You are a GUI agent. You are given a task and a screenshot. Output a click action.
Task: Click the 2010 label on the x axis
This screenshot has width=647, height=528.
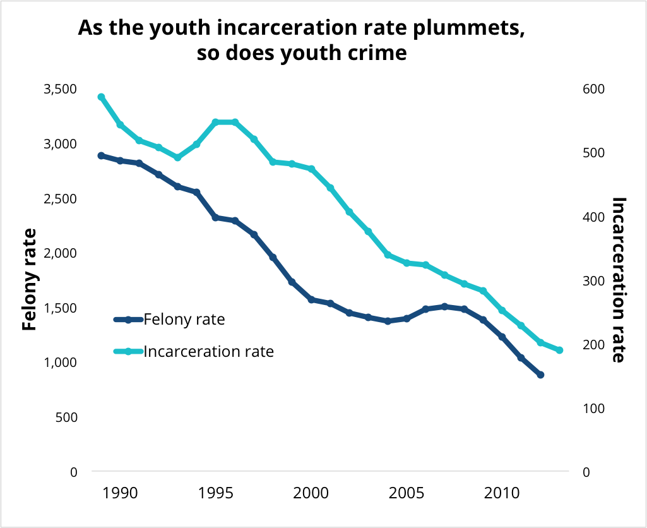502,492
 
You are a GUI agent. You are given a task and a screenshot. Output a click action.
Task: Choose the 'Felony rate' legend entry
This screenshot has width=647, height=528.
184,320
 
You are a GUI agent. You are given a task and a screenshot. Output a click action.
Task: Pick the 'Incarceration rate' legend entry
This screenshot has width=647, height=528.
208,351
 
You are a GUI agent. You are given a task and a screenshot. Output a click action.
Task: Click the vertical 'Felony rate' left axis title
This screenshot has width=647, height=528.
29,279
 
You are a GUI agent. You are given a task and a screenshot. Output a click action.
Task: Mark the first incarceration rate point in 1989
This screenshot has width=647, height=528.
101,97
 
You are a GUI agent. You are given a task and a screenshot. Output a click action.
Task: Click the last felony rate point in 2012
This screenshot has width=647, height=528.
540,375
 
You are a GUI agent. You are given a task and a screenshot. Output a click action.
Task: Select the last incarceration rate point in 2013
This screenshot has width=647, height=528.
559,351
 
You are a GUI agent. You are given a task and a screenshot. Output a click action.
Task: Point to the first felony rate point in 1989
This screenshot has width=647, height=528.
101,155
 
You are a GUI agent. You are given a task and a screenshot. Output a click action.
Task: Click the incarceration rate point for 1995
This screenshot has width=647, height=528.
216,122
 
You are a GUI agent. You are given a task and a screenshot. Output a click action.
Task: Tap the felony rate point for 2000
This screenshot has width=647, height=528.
311,299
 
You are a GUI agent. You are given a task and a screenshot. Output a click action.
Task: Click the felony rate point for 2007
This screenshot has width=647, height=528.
445,306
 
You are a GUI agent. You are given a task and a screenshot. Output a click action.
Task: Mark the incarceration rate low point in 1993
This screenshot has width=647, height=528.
177,157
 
